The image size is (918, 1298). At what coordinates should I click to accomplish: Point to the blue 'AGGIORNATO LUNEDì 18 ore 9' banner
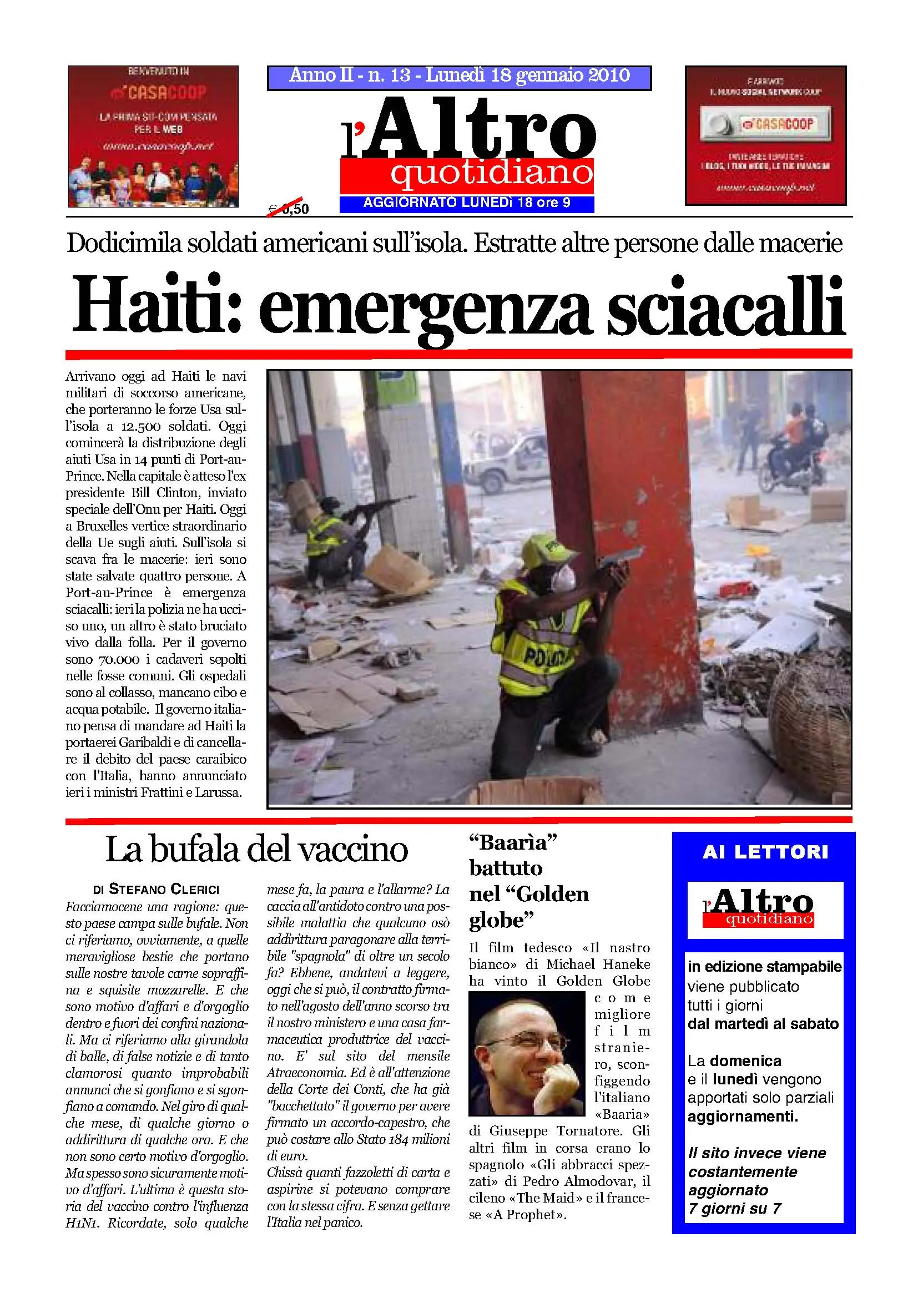pos(466,203)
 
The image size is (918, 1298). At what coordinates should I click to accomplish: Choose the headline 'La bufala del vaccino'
pos(256,850)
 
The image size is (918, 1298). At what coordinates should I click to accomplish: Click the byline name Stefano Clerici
pos(164,889)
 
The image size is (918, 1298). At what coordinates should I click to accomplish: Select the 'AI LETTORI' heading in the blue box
pos(765,852)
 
